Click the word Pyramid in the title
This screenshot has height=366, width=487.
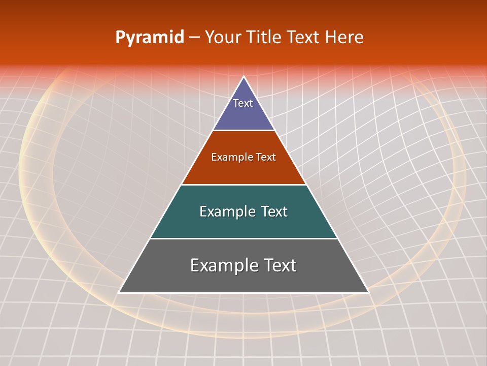[150, 38]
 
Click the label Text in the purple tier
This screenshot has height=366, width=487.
[243, 103]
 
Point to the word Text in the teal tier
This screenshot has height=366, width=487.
[274, 211]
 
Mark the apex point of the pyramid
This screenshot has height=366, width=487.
[243, 77]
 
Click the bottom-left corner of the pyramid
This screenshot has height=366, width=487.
[119, 292]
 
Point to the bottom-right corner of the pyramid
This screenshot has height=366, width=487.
[368, 292]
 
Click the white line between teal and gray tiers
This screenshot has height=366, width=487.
[243, 238]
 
